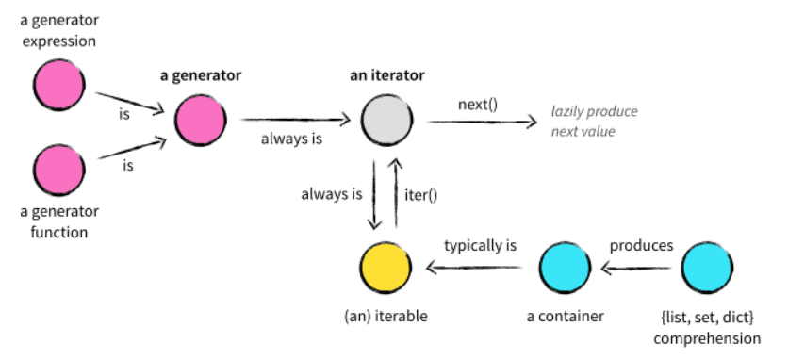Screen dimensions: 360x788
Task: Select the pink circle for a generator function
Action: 58,170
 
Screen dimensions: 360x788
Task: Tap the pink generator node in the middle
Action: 200,123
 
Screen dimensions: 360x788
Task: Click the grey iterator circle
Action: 385,123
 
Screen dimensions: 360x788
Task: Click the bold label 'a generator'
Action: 200,74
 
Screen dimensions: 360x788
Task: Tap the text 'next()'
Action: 478,103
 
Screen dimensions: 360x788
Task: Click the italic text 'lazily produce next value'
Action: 594,122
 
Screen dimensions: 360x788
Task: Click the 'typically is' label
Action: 480,246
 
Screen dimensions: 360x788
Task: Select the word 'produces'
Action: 641,246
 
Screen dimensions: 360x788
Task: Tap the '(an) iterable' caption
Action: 385,316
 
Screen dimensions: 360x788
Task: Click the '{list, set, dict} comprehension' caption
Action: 709,326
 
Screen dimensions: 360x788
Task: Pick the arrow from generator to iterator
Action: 294,121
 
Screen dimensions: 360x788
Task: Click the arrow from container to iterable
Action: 476,270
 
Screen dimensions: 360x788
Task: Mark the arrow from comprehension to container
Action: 637,270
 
